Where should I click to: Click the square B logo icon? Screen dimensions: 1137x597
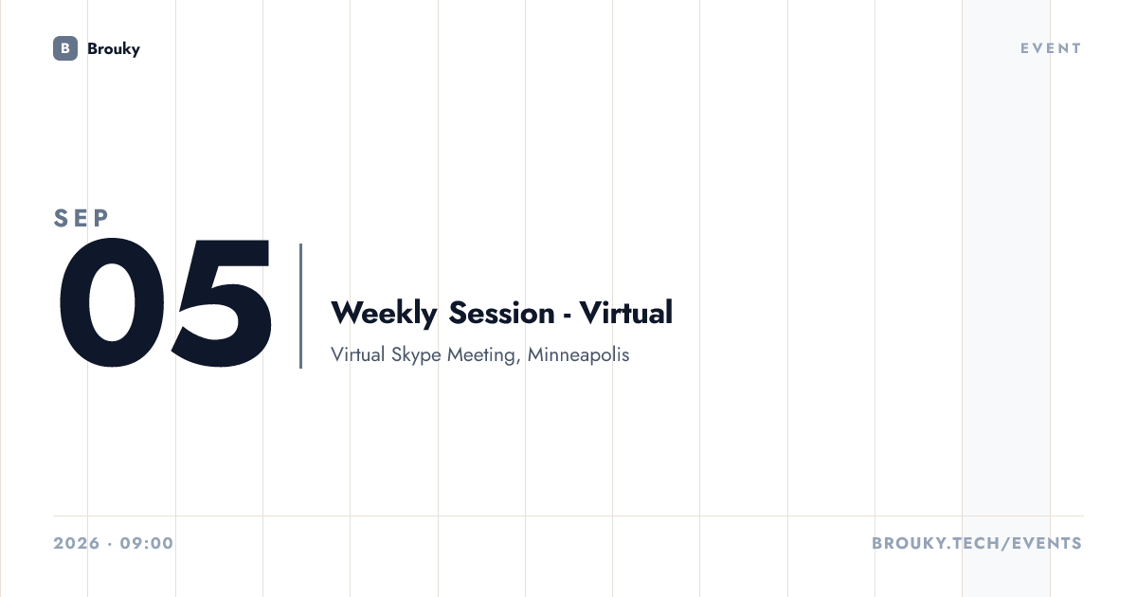[65, 48]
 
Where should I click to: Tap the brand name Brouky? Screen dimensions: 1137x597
[114, 49]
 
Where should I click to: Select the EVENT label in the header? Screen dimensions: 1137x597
[1051, 48]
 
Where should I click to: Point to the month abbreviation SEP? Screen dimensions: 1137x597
[81, 218]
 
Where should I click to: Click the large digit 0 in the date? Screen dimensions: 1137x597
[112, 302]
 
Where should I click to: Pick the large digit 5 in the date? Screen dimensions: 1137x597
[222, 302]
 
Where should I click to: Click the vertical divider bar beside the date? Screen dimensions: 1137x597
[301, 305]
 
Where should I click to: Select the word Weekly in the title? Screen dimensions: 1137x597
[384, 313]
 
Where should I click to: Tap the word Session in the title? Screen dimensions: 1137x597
[501, 313]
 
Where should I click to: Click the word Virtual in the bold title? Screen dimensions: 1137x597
[626, 312]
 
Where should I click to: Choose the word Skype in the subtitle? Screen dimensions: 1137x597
[416, 354]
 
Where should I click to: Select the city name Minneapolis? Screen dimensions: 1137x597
[579, 354]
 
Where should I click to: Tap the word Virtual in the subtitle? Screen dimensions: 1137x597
[358, 354]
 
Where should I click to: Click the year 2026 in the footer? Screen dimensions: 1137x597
[77, 543]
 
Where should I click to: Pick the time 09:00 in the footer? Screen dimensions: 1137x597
[147, 543]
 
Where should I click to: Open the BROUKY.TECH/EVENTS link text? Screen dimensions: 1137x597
[977, 543]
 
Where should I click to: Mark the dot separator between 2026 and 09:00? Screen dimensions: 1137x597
[110, 544]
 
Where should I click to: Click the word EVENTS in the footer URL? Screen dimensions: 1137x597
[1047, 543]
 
